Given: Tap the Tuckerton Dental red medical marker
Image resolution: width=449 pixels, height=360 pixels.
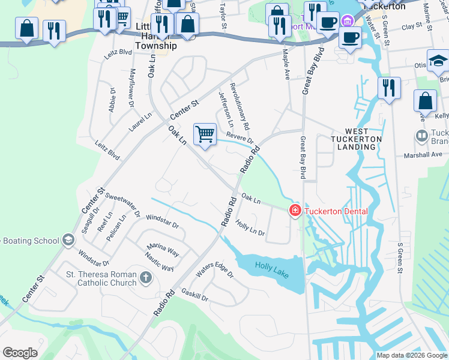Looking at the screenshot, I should tap(295, 211).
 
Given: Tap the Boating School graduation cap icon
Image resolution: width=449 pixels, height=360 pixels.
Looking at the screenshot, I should tap(68, 241).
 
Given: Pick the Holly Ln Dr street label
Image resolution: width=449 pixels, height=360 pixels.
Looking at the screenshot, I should tap(250, 228).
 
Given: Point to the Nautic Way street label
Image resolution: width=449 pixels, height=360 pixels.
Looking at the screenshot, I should tap(160, 264).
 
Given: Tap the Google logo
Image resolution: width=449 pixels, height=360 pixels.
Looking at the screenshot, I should tap(20, 352).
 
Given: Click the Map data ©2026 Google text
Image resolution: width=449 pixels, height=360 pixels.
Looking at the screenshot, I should tap(412, 355).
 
